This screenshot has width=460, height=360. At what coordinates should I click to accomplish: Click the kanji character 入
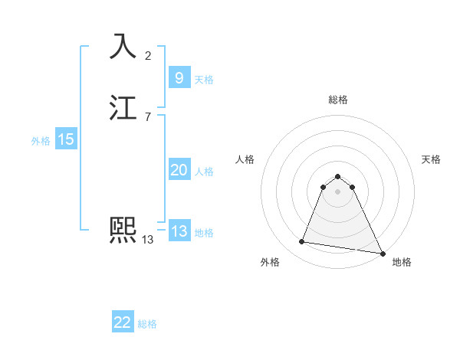coord(123,47)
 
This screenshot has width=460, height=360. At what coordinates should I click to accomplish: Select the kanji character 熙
coord(123,230)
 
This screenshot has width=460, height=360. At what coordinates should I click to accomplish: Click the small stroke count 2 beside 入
coord(148,55)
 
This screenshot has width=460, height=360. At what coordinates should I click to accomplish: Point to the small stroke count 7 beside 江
coord(148,118)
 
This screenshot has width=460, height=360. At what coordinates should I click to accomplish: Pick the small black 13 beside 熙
coord(148,240)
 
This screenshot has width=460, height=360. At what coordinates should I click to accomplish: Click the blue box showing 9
coord(179,78)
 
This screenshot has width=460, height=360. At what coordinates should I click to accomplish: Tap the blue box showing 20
coord(179,170)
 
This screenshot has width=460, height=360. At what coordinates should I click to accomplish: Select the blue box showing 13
coord(179,231)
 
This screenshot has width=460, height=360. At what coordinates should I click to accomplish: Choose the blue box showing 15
coord(66,139)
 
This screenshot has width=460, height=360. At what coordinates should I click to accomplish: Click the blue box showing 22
coord(123,322)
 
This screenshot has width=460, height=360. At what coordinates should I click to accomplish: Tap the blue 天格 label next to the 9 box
coord(204,80)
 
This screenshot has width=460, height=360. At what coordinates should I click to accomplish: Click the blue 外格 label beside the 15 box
coord(41,141)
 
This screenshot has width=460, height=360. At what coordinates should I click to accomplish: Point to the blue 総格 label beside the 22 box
coord(147,324)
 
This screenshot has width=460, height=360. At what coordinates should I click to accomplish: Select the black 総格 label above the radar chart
coord(337,100)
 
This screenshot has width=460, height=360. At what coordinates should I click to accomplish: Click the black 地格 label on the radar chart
coord(402,262)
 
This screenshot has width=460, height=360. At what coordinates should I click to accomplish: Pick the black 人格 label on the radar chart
coord(245,159)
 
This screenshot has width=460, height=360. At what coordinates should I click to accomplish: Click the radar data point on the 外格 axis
coord(302,242)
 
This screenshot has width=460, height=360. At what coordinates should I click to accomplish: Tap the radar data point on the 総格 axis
coord(337,175)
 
